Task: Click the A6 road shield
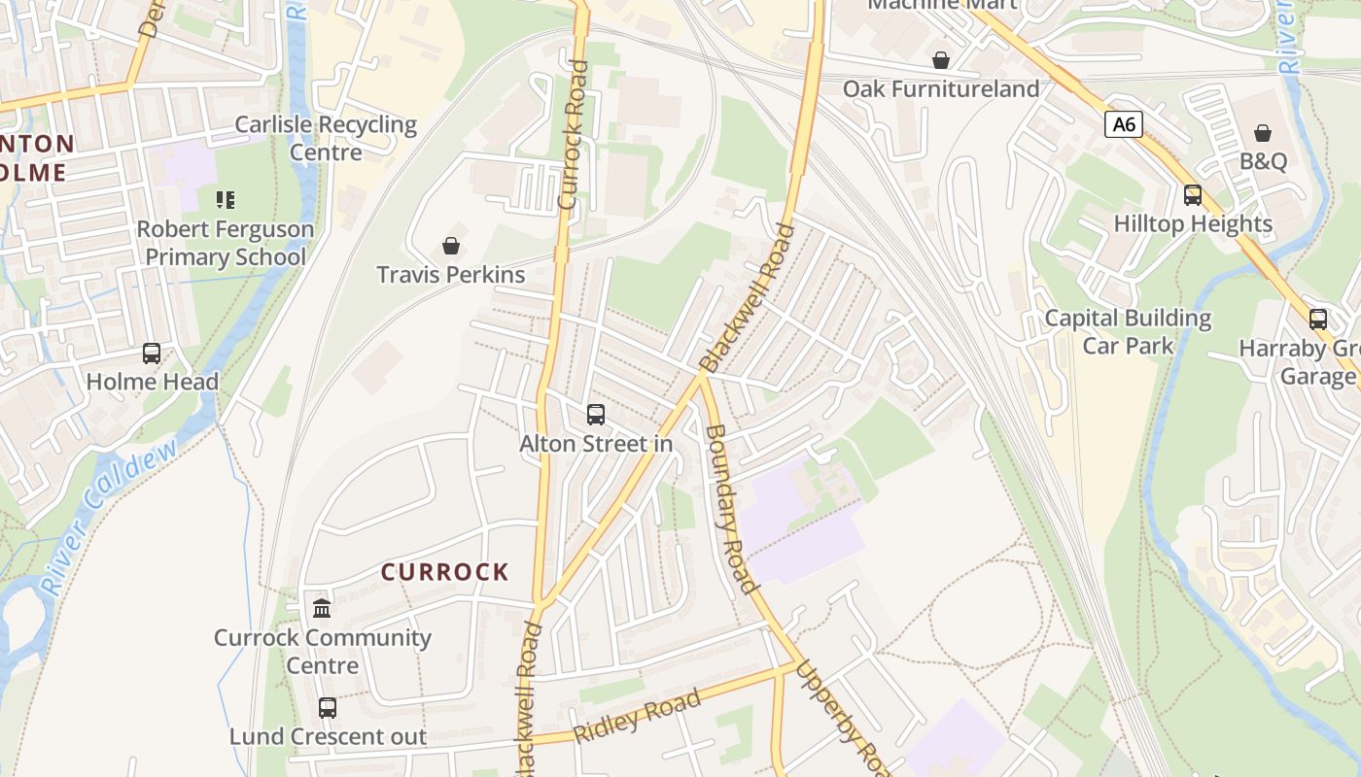1123,124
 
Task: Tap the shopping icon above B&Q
1263,133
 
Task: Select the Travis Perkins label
451,275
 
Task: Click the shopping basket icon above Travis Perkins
451,246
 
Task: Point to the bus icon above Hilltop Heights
1193,195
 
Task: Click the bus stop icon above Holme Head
152,354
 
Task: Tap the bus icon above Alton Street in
596,415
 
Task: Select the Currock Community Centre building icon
322,609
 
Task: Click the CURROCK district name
445,572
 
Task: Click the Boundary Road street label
730,508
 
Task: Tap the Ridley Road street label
637,717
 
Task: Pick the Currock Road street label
574,136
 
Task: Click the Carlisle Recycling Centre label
326,138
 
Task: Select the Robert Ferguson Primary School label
225,243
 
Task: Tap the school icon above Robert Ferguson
226,200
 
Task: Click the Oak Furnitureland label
941,88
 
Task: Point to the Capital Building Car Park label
1128,331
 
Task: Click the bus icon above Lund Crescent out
328,708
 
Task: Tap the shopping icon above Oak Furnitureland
941,60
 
